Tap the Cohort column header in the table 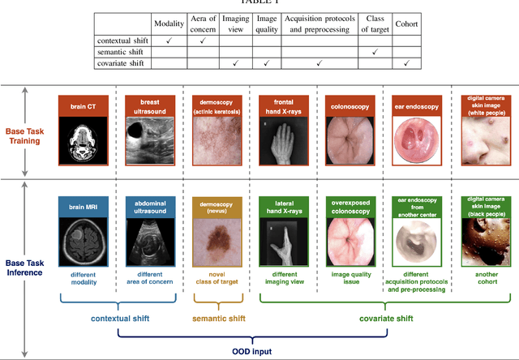click(408, 23)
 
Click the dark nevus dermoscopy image click(214, 242)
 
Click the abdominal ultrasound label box click(150, 207)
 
